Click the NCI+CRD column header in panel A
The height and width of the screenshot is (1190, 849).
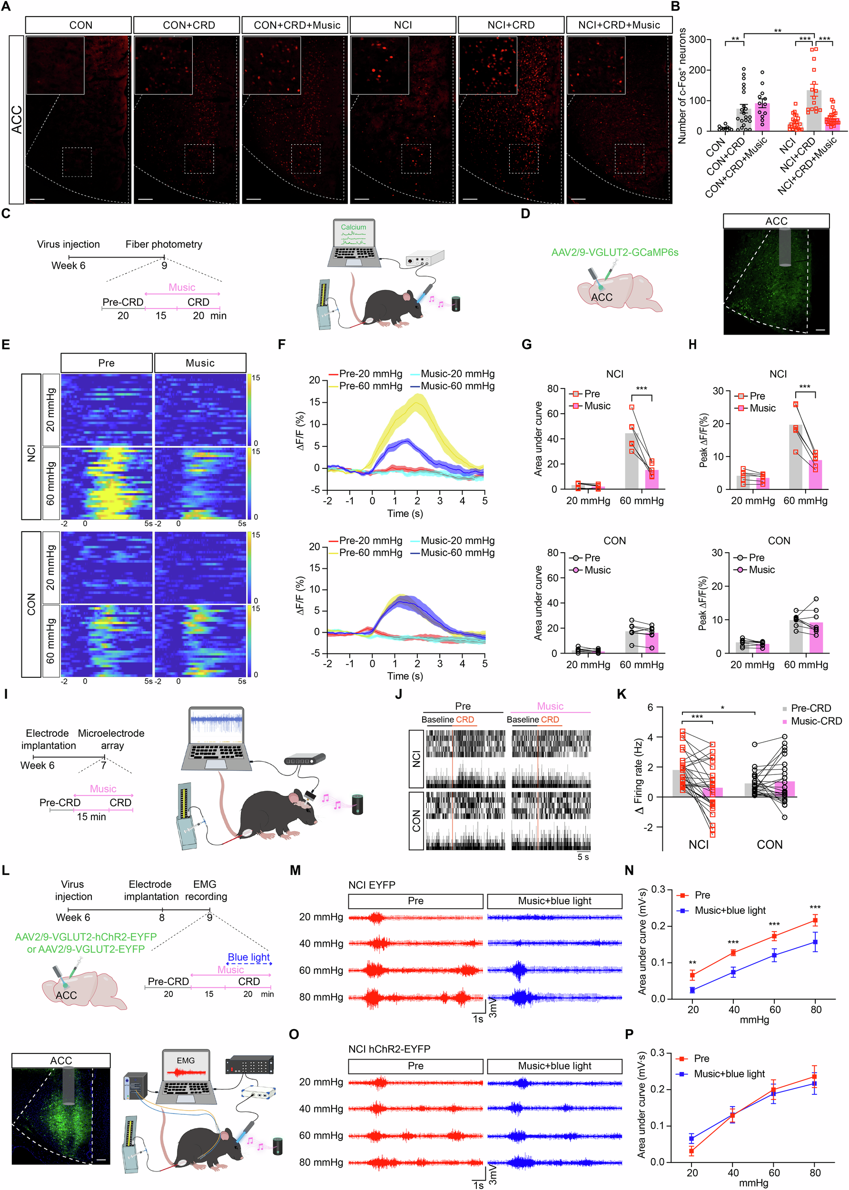[511, 25]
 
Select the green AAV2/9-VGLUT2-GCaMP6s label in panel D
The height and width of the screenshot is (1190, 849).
[615, 253]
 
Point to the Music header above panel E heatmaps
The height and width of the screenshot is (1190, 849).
[200, 363]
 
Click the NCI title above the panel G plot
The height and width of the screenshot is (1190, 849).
[615, 374]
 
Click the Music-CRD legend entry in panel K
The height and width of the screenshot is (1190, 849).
[816, 721]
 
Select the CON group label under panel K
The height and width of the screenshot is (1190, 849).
[770, 844]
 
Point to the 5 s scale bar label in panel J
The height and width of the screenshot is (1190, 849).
[583, 857]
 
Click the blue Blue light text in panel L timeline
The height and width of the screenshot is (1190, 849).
[249, 957]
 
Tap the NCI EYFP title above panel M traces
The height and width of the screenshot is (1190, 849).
[372, 885]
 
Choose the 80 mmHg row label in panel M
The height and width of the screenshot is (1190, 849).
[321, 997]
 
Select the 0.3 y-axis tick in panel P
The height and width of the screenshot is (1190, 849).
[658, 1052]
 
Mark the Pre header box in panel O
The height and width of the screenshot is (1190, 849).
[415, 1066]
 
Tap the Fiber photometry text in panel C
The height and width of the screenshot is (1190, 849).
[164, 244]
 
